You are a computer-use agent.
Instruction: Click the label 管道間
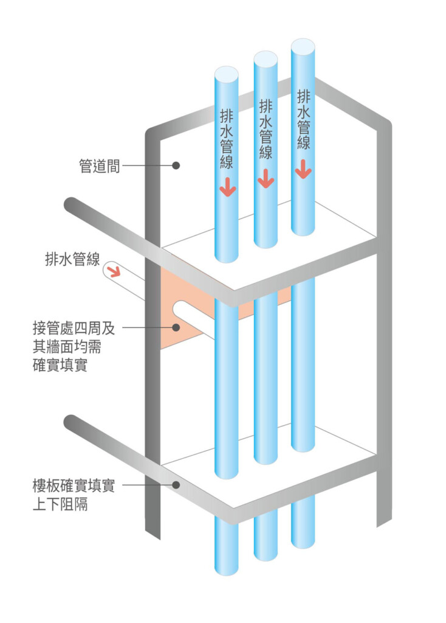(99, 165)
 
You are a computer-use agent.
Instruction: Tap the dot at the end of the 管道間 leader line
(176, 165)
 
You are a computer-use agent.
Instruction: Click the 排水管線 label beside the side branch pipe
(72, 259)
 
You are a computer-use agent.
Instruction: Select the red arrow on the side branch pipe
(114, 270)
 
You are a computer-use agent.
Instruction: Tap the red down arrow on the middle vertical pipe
(265, 179)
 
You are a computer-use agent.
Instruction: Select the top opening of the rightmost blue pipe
(303, 46)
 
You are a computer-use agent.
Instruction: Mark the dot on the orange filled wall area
(176, 327)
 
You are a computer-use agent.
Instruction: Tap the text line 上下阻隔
(60, 504)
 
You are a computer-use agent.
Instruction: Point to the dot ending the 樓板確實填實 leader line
(176, 485)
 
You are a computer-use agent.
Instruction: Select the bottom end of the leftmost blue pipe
(226, 569)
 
